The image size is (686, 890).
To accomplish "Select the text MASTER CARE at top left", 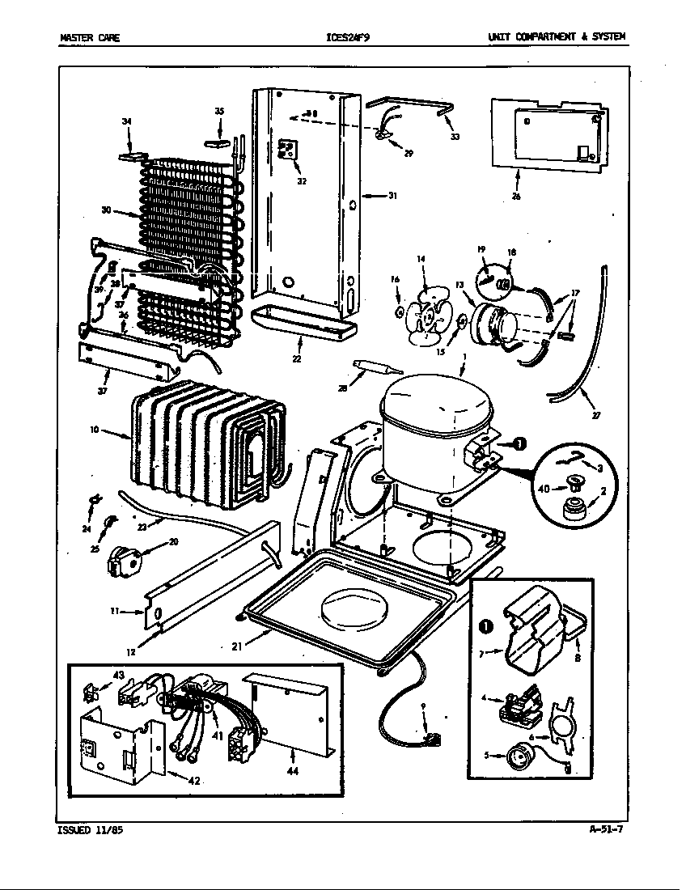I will click(x=90, y=37).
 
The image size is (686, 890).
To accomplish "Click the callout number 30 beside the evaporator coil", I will click(x=106, y=210).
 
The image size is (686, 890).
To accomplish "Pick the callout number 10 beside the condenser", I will click(x=95, y=430).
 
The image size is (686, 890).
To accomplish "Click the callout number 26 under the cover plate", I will click(x=516, y=195).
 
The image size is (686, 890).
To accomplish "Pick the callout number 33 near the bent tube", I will click(x=455, y=137).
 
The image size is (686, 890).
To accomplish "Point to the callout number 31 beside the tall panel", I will click(x=393, y=195).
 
